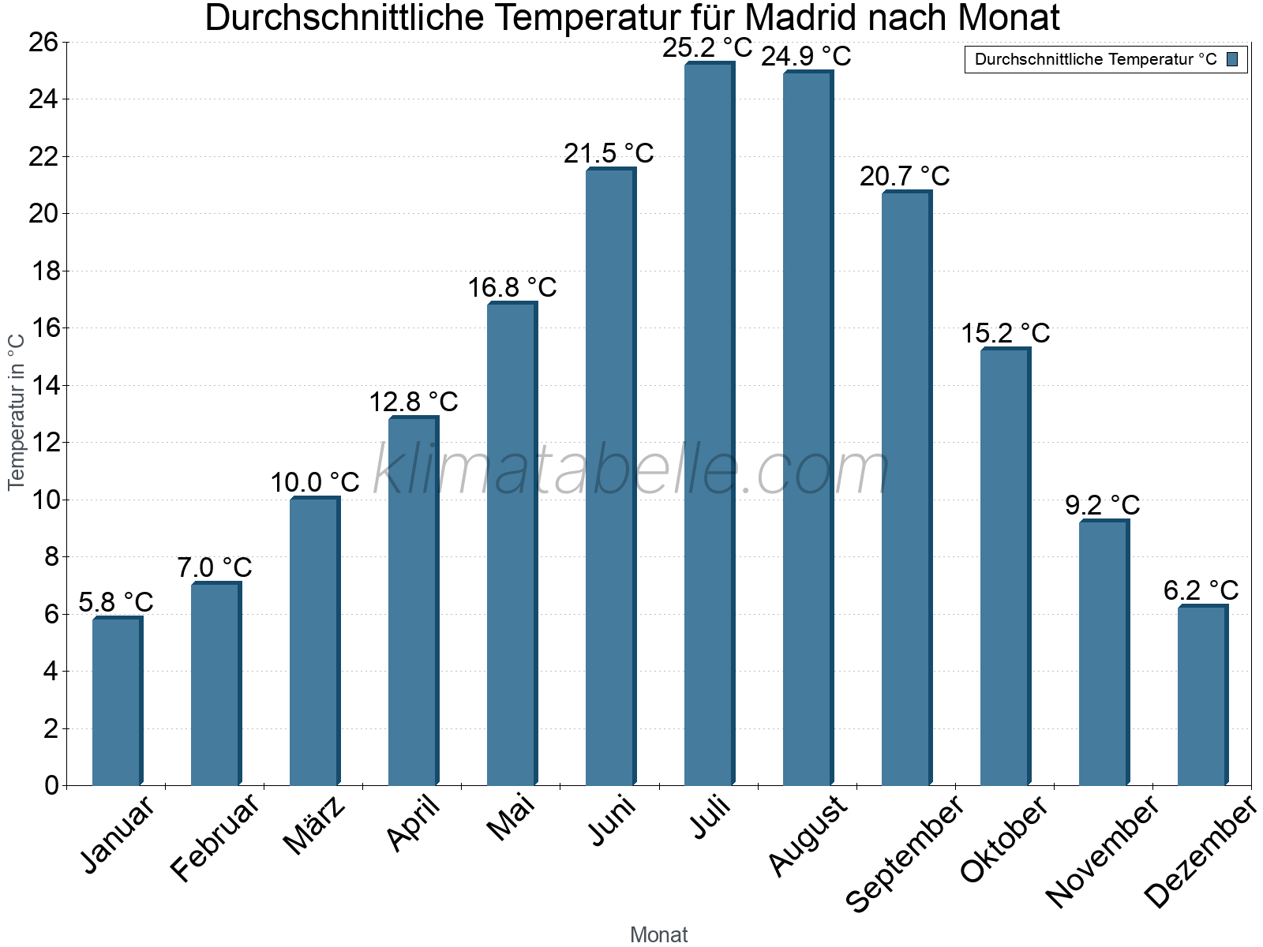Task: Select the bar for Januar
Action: click(117, 702)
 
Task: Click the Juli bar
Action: click(709, 426)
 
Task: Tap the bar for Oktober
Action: click(1005, 568)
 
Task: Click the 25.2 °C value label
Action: click(707, 48)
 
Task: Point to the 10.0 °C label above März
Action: click(314, 482)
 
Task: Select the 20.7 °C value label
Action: click(905, 176)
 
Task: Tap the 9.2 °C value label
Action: click(1102, 505)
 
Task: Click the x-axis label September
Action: click(905, 854)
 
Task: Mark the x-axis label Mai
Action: click(511, 818)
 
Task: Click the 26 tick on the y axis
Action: click(44, 43)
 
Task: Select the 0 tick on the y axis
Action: click(52, 785)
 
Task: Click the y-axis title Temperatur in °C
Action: click(17, 412)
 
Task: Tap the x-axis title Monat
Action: click(658, 935)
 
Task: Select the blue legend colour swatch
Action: click(1232, 59)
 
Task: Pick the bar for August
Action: click(808, 430)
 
